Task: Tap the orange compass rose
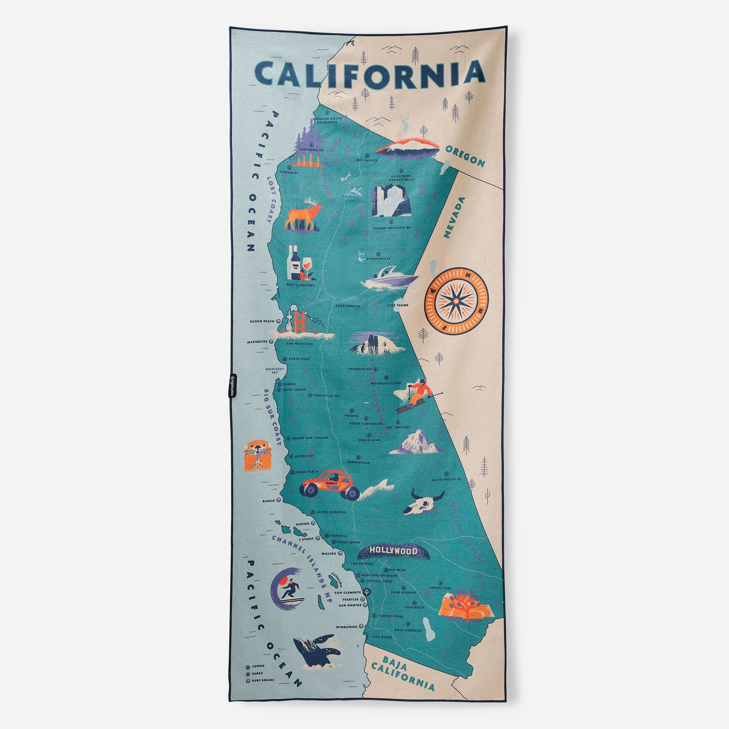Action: pos(456,301)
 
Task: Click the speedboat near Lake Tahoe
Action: pos(391,279)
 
